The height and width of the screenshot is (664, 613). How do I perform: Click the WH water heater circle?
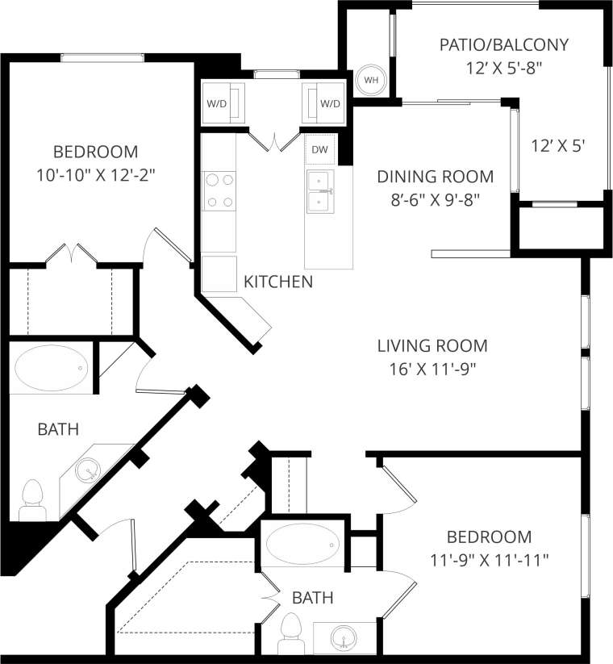coord(371,80)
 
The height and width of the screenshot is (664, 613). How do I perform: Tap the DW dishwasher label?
coord(319,149)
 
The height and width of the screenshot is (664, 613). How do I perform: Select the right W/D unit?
coord(326,103)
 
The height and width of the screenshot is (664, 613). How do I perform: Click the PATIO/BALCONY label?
coord(504,44)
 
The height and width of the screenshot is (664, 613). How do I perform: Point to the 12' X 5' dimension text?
coord(557,146)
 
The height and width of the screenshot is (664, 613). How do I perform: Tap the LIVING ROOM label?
coord(432,346)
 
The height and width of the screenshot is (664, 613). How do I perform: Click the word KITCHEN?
coord(278,282)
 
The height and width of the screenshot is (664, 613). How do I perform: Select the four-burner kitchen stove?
coord(218,190)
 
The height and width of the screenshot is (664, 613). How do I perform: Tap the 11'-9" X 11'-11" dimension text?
coord(489,558)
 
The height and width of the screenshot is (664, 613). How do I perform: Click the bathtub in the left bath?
coord(49,370)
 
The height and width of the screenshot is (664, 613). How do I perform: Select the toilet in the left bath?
coord(31,499)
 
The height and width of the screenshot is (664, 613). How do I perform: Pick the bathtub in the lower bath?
coord(302,545)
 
